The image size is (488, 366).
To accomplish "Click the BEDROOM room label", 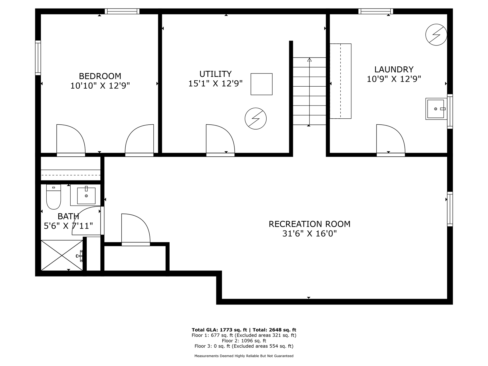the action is pyautogui.click(x=100, y=76).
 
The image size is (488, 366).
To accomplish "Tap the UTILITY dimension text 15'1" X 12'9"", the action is pyautogui.click(x=215, y=83).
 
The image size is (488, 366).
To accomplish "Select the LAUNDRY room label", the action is pyautogui.click(x=394, y=69).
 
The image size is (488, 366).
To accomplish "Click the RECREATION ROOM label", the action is pyautogui.click(x=310, y=224).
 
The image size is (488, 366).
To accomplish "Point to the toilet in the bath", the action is pyautogui.click(x=53, y=197).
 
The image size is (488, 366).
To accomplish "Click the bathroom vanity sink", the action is pyautogui.click(x=86, y=196).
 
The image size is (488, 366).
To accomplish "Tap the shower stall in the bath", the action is pyautogui.click(x=62, y=255).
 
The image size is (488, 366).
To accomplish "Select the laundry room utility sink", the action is pyautogui.click(x=436, y=109).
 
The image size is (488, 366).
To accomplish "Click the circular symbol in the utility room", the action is pyautogui.click(x=256, y=118).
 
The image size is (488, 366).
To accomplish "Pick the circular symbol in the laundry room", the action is pyautogui.click(x=436, y=35).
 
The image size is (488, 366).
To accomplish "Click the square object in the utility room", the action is pyautogui.click(x=261, y=84).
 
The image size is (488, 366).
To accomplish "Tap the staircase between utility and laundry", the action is pyautogui.click(x=310, y=91).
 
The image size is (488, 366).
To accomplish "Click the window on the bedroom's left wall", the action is pyautogui.click(x=38, y=58).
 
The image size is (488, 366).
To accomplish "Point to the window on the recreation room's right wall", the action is pyautogui.click(x=450, y=209).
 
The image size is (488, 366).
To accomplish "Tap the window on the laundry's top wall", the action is pyautogui.click(x=376, y=11).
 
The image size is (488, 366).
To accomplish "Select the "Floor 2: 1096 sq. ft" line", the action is pyautogui.click(x=244, y=341).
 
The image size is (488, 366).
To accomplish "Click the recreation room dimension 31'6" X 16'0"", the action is pyautogui.click(x=310, y=234).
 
